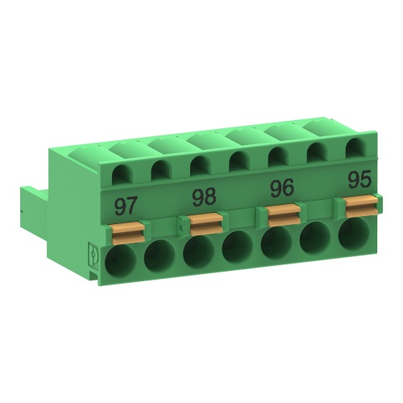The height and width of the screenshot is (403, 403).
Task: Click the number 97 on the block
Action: click(x=126, y=205)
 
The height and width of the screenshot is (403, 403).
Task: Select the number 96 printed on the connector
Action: click(x=281, y=189)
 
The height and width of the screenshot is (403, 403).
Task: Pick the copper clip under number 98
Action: click(x=204, y=222)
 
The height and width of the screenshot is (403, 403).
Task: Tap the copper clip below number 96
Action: click(x=281, y=214)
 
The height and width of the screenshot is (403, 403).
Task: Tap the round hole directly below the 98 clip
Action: click(x=198, y=251)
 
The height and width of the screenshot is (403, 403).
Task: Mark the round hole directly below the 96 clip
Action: click(x=276, y=241)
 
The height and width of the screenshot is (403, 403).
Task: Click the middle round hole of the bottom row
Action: click(x=237, y=247)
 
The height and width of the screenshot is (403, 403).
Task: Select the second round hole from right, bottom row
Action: click(x=315, y=237)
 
